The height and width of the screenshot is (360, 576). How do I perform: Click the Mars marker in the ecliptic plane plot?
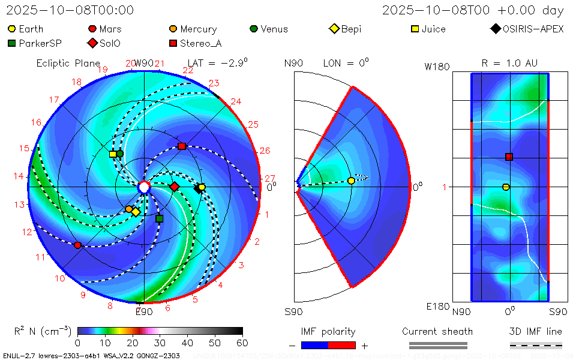pyautogui.click(x=77, y=245)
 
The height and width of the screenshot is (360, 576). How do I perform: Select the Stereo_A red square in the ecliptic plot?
pyautogui.click(x=182, y=146)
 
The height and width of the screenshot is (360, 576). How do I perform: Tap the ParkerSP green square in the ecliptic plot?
pyautogui.click(x=159, y=218)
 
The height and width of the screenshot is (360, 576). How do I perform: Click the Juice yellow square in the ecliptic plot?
pyautogui.click(x=113, y=154)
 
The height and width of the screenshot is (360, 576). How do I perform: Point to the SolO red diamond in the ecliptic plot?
pyautogui.click(x=175, y=187)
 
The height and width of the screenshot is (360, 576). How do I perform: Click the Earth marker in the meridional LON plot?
pyautogui.click(x=351, y=181)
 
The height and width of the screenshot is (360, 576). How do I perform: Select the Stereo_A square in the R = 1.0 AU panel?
pyautogui.click(x=509, y=157)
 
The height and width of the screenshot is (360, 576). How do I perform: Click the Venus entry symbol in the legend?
pyautogui.click(x=254, y=29)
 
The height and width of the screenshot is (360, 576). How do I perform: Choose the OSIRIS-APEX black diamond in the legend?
pyautogui.click(x=496, y=29)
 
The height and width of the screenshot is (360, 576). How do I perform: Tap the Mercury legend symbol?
pyautogui.click(x=173, y=29)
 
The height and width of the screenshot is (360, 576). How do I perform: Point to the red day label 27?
pyautogui.click(x=270, y=178)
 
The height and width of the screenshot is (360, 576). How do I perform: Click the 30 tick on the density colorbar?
pyautogui.click(x=160, y=343)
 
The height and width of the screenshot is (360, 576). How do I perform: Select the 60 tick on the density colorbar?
pyautogui.click(x=242, y=343)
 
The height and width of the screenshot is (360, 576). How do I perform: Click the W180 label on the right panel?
pyautogui.click(x=437, y=67)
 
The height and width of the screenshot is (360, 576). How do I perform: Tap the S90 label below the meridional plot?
pyautogui.click(x=293, y=312)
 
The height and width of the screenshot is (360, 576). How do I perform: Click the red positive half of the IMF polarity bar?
pyautogui.click(x=342, y=345)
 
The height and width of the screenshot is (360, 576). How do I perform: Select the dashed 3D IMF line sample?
pyautogui.click(x=536, y=345)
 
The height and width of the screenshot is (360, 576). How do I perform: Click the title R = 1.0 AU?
pyautogui.click(x=509, y=63)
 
